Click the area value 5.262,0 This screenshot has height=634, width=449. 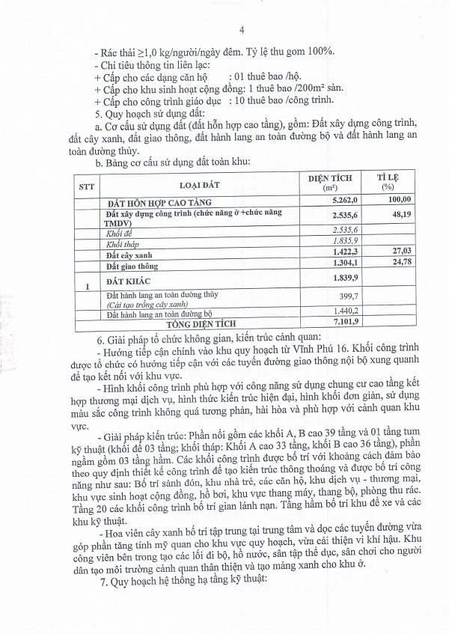[x=329, y=201]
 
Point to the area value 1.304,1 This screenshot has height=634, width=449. [x=329, y=264]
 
